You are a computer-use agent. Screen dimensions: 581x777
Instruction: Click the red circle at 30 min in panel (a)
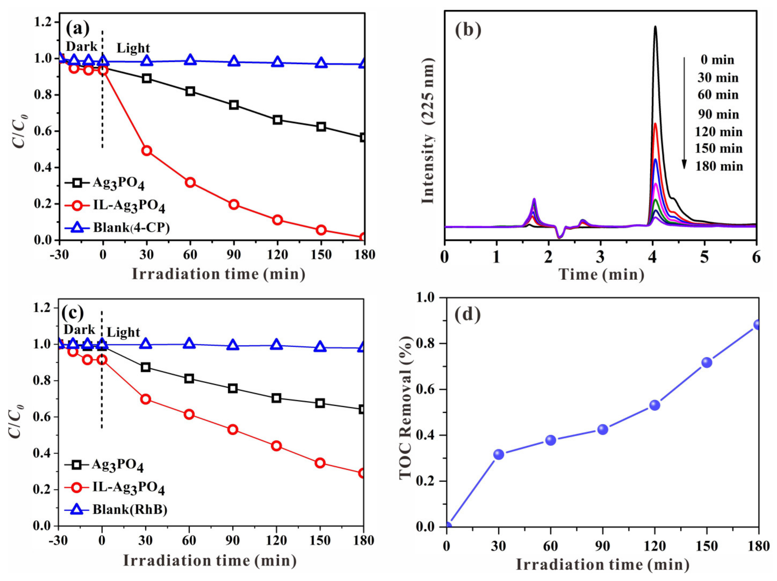146,151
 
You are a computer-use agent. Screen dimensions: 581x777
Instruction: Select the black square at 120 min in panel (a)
278,120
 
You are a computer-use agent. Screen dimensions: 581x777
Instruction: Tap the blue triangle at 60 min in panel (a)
190,60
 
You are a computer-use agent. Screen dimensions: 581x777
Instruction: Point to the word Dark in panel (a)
81,46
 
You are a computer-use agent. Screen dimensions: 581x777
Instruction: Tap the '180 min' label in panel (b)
719,166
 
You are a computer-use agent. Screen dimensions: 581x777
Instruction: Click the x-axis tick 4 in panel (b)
652,258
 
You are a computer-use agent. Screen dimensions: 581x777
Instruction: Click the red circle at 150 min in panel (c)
320,463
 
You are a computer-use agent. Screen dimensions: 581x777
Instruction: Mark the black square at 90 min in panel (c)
233,388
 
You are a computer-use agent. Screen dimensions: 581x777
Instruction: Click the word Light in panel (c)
123,332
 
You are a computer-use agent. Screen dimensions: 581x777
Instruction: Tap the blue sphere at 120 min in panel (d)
654,405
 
